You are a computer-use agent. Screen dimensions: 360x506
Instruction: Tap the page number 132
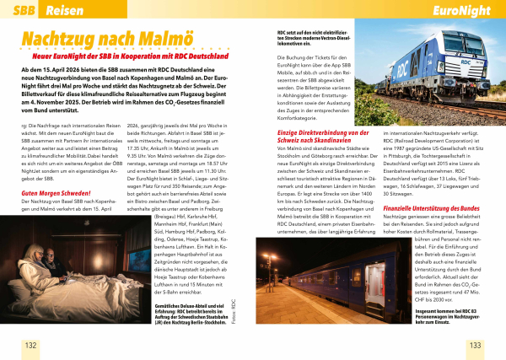coord(31,345)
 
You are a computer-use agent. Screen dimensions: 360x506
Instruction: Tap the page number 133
coord(474,345)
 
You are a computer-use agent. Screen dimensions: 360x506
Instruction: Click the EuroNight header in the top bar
coord(461,10)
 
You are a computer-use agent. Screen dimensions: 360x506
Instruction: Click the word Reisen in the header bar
coord(64,10)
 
